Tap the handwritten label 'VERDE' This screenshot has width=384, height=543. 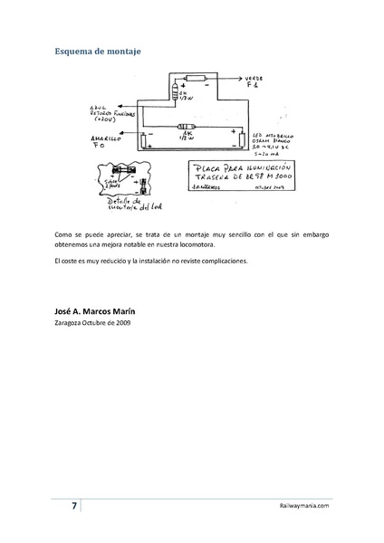(x=256, y=79)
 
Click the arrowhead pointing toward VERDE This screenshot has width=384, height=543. (x=237, y=79)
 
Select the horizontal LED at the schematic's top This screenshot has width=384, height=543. (x=195, y=78)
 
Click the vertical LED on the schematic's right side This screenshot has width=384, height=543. (x=243, y=139)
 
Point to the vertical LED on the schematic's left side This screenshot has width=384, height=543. (x=145, y=138)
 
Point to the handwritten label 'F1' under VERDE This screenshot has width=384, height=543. (x=253, y=88)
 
